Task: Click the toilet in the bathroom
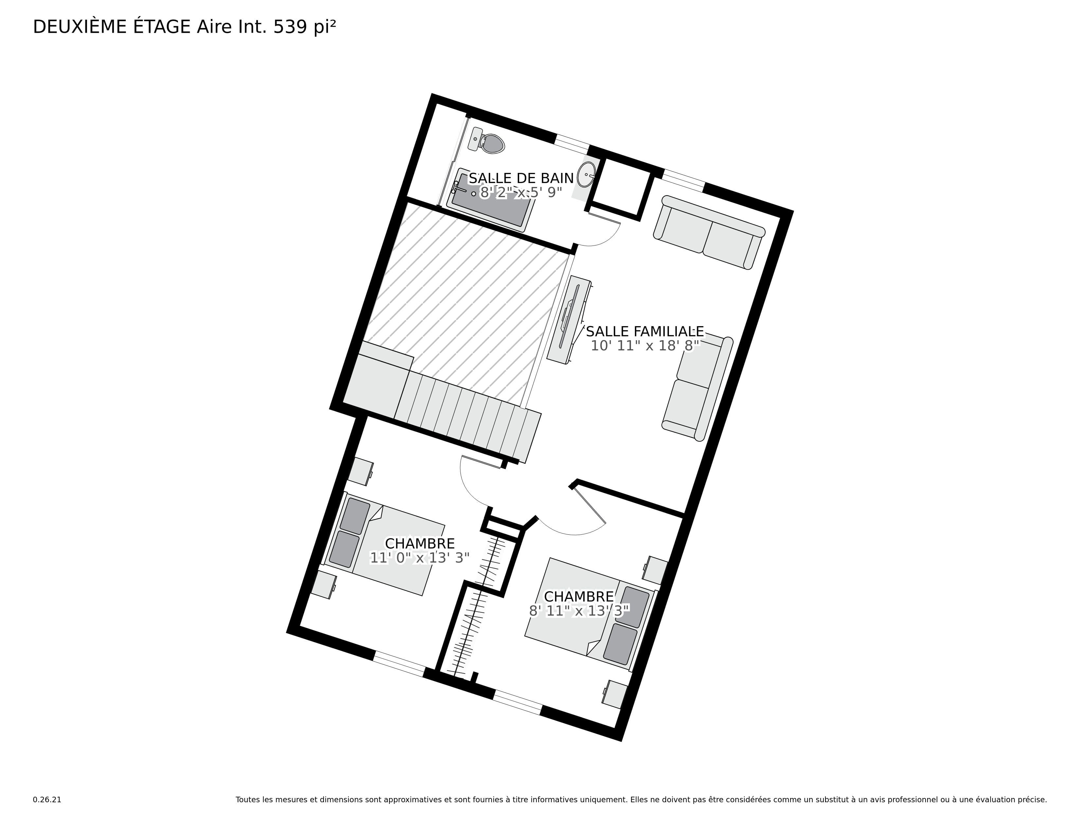(x=487, y=140)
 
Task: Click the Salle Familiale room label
(x=645, y=331)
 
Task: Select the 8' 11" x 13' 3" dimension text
(x=579, y=611)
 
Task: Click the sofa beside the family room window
(x=709, y=232)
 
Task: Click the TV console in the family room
(x=569, y=320)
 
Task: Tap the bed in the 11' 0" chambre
(x=384, y=544)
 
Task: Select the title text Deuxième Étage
(x=112, y=27)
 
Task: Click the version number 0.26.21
(x=47, y=799)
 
